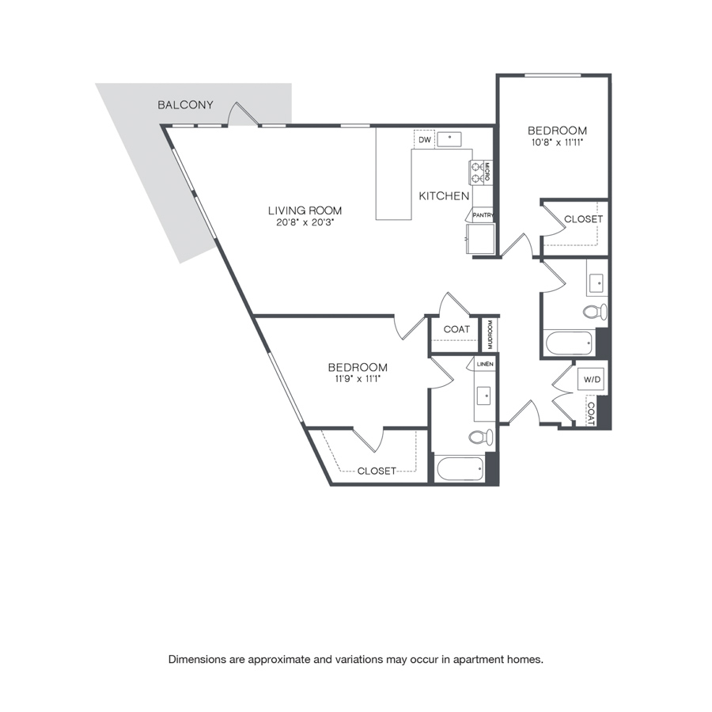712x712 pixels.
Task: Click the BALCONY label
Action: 185,105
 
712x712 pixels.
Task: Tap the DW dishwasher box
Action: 425,139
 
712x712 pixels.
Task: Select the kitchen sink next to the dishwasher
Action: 449,139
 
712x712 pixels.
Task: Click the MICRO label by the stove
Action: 487,172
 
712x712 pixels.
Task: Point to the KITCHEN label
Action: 444,195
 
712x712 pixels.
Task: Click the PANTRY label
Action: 483,215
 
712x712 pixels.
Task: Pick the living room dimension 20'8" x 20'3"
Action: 305,223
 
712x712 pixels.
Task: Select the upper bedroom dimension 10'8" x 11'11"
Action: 557,142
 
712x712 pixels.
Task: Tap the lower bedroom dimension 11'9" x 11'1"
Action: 358,379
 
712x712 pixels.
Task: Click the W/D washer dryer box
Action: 592,379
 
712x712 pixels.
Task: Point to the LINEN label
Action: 485,364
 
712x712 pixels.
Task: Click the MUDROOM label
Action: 490,334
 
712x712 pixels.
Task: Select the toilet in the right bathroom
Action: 595,312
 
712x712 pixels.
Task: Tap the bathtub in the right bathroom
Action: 569,343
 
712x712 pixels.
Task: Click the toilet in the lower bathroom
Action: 481,437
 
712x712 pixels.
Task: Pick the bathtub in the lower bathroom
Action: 460,468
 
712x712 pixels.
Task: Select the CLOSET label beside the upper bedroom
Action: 583,219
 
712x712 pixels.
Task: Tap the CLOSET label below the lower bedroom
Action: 377,471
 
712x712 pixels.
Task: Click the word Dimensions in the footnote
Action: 198,659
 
